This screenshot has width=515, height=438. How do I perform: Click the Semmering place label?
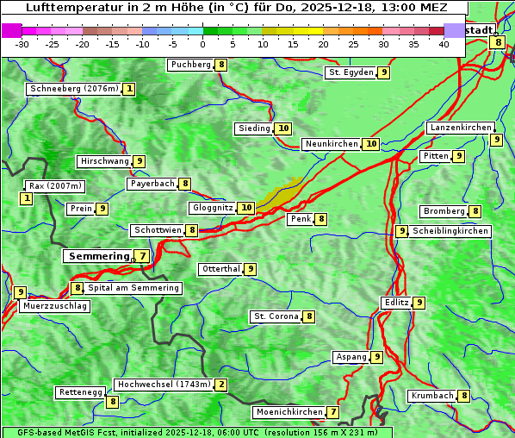(x=97, y=256)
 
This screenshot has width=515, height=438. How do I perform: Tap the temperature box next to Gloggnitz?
(x=246, y=208)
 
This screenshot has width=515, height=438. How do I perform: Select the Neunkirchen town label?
(x=331, y=144)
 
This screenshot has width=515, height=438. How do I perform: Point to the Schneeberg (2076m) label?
(x=73, y=89)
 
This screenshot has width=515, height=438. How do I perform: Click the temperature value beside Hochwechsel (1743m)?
(x=221, y=385)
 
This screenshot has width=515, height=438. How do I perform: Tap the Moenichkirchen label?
(x=289, y=412)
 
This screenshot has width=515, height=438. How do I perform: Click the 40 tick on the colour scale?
(x=444, y=43)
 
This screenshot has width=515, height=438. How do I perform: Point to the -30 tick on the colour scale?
(x=22, y=43)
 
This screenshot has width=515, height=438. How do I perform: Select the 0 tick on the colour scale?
(x=203, y=43)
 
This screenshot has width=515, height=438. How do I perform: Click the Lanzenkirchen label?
(x=460, y=128)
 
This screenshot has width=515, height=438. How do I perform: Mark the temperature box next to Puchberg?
(x=221, y=65)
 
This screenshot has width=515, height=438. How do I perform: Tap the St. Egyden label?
(x=351, y=72)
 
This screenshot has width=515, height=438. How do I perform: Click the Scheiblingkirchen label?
(x=450, y=231)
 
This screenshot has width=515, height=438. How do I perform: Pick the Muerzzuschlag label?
(x=54, y=306)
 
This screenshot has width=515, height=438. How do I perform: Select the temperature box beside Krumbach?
(x=464, y=396)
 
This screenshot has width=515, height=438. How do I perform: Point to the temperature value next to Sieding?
(x=283, y=128)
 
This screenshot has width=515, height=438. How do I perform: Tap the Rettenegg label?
(x=80, y=392)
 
